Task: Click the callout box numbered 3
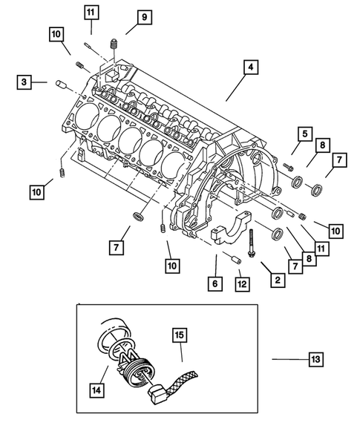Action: (24, 83)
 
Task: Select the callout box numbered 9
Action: (143, 17)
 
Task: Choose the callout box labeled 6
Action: (215, 283)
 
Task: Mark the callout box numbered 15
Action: (178, 334)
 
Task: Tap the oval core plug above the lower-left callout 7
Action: (137, 216)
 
